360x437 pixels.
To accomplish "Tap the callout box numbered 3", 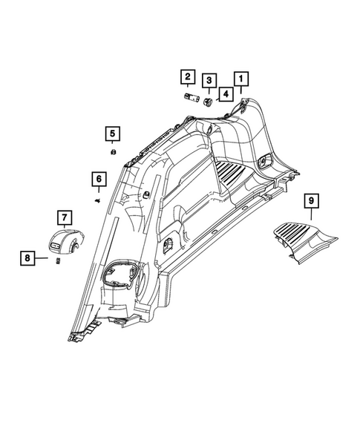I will pyautogui.click(x=211, y=81).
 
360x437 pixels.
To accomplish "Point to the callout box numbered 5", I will pyautogui.click(x=111, y=134).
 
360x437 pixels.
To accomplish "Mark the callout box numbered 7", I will pyautogui.click(x=64, y=217).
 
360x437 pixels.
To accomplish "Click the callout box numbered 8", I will pyautogui.click(x=28, y=258).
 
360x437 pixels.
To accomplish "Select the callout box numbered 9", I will pyautogui.click(x=312, y=201).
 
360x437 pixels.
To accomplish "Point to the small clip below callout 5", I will pyautogui.click(x=111, y=152).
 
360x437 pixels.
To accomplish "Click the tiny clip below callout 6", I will pyautogui.click(x=97, y=200).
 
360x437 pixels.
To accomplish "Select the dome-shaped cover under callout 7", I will pyautogui.click(x=65, y=241).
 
